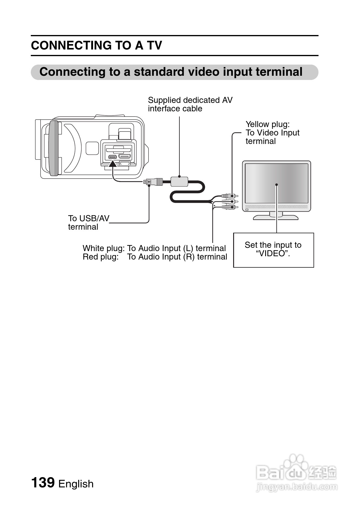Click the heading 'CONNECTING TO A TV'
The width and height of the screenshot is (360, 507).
click(x=96, y=46)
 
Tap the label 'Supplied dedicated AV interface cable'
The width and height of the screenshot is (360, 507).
click(x=190, y=104)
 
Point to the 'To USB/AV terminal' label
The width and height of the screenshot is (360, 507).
click(x=88, y=222)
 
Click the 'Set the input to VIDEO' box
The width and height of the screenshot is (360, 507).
click(x=273, y=250)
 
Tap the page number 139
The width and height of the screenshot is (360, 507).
click(x=43, y=482)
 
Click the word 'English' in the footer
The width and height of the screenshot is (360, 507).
click(x=76, y=484)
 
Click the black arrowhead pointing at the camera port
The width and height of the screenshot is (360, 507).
click(x=112, y=164)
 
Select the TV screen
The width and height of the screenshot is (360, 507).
click(x=276, y=183)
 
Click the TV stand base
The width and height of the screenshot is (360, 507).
click(x=275, y=217)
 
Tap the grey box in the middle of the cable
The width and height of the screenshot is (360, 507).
click(x=179, y=182)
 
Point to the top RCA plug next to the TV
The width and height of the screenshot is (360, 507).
click(x=230, y=196)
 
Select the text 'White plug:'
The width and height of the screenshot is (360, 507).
click(x=103, y=248)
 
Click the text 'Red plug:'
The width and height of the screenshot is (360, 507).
click(x=101, y=257)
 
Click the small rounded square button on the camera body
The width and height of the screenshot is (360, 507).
click(x=92, y=148)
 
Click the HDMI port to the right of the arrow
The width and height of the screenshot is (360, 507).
click(x=124, y=156)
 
